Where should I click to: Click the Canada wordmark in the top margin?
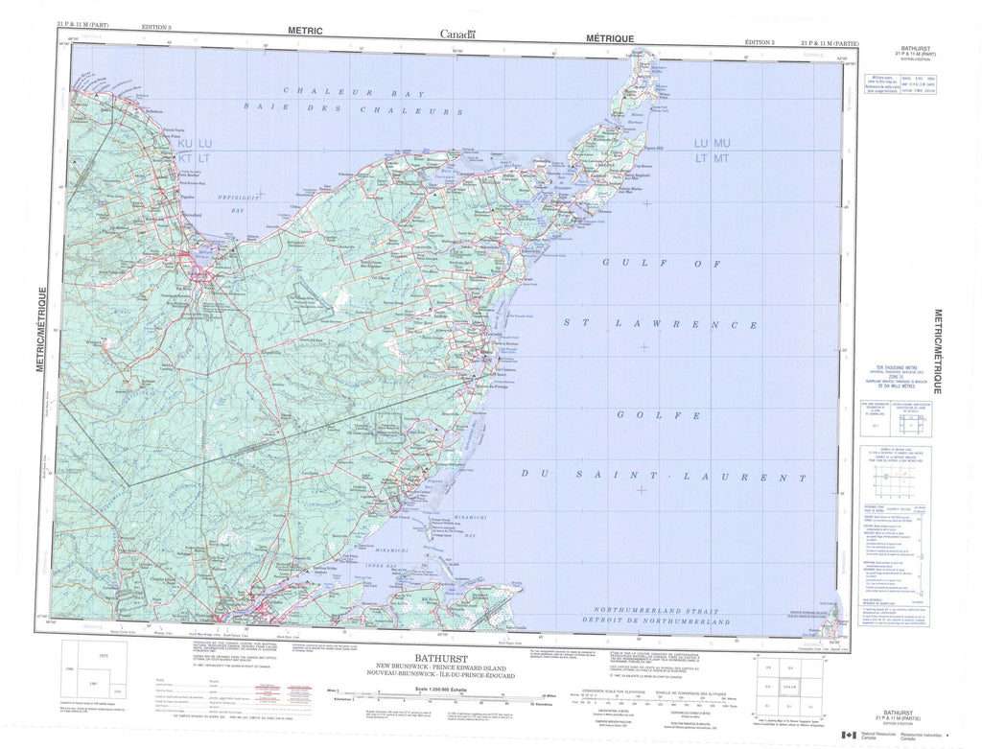tap(458, 34)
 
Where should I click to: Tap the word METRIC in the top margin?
tap(306, 31)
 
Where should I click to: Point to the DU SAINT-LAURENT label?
tap(663, 475)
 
